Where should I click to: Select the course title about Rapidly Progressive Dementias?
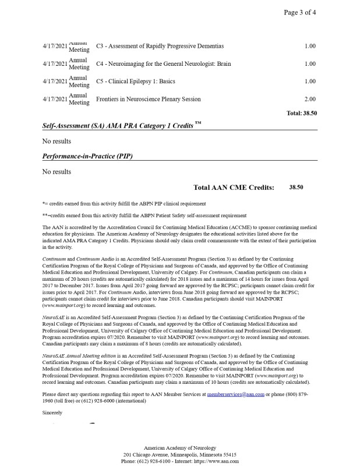click(160, 46)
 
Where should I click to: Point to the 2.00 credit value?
click(310, 99)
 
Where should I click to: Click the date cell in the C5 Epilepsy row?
click(55, 82)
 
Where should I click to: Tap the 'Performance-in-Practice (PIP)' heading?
click(90, 156)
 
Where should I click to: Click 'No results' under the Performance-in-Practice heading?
click(57, 172)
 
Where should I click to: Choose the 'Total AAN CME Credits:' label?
click(233, 188)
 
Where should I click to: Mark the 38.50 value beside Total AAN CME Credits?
click(296, 188)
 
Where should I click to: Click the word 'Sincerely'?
click(52, 412)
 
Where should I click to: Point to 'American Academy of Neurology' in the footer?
click(179, 446)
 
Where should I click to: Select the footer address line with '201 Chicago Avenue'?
click(179, 454)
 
